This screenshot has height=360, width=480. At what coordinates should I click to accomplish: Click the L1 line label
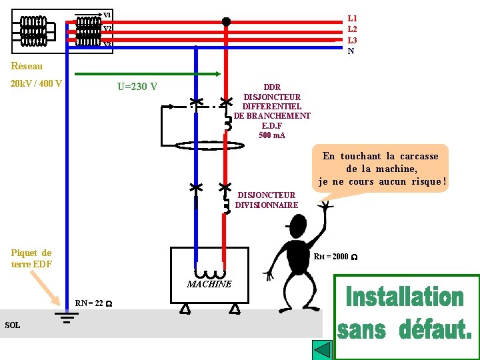[353, 19]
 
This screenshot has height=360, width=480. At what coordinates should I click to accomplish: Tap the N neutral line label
[351, 51]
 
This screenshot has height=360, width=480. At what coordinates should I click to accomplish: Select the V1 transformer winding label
[107, 15]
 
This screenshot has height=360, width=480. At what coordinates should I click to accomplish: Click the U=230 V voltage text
[137, 86]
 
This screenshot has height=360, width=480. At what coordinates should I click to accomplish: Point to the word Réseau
[27, 66]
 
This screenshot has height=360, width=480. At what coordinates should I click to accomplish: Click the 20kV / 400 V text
[37, 84]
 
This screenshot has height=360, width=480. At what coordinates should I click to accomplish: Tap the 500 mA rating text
[272, 135]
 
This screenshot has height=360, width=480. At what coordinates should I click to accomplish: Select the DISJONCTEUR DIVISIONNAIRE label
[267, 200]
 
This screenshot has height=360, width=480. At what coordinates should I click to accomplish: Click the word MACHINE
[209, 284]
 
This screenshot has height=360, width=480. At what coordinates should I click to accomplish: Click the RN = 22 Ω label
[93, 303]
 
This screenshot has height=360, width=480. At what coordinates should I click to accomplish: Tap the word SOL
[12, 325]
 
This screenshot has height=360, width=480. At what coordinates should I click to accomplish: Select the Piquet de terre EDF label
[31, 258]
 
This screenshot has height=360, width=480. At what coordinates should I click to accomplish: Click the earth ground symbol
[67, 316]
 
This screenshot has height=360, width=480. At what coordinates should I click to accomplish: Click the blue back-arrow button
[323, 350]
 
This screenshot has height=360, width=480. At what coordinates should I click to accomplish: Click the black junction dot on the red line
[226, 22]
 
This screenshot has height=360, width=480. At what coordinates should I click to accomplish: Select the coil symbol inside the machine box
[209, 272]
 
